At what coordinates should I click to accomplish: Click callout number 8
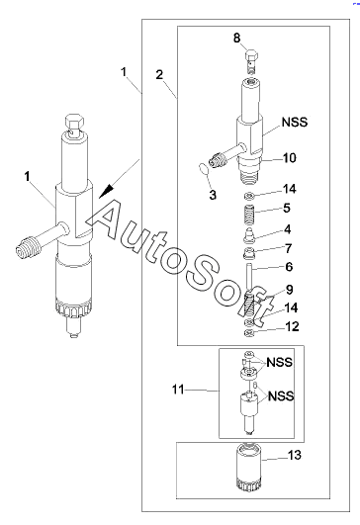click(x=236, y=38)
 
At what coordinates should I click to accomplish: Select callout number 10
click(x=290, y=158)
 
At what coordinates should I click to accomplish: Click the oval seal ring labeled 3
click(x=204, y=168)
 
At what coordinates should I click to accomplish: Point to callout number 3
click(x=213, y=195)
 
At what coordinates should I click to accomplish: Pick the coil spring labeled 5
click(x=249, y=217)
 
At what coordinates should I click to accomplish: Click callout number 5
click(x=287, y=208)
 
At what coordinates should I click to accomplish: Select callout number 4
click(x=288, y=229)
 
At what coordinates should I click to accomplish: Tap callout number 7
click(x=289, y=248)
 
